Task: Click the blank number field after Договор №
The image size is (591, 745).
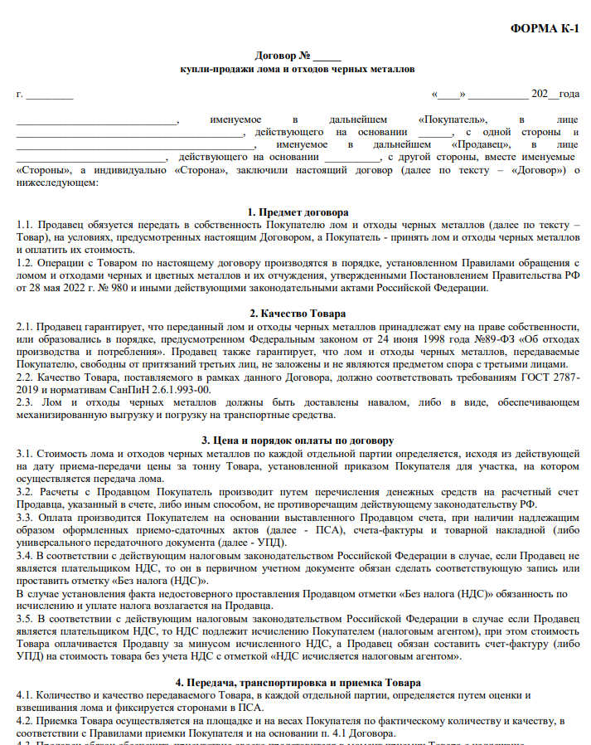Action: coord(327,56)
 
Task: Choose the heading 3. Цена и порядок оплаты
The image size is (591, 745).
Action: coord(298,440)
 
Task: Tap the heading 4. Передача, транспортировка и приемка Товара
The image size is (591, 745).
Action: coord(298,682)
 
